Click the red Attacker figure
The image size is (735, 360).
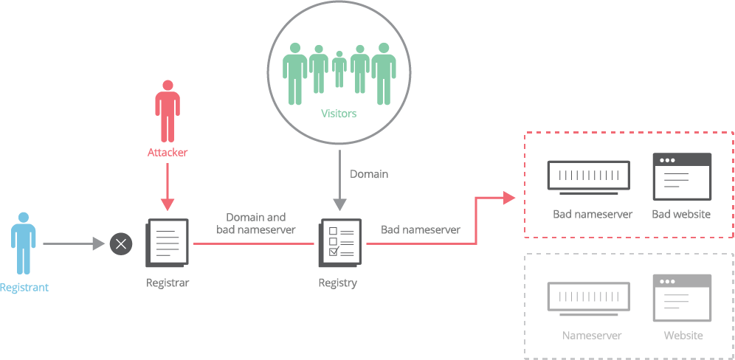coord(168,111)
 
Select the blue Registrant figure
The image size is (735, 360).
coord(24,243)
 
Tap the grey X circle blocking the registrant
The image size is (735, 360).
coord(121,243)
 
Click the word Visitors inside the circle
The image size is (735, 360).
coord(339,114)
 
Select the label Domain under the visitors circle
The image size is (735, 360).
coord(368,174)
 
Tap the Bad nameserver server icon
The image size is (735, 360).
coord(588,177)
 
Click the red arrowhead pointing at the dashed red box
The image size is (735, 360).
coord(509,197)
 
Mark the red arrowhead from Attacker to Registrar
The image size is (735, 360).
coord(168,204)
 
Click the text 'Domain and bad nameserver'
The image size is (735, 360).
coord(255,224)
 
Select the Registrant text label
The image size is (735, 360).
coord(24,288)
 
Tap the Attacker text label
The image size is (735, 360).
coord(168,153)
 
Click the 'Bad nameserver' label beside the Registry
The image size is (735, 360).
coord(421,229)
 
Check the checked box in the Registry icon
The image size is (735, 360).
coord(333,252)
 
